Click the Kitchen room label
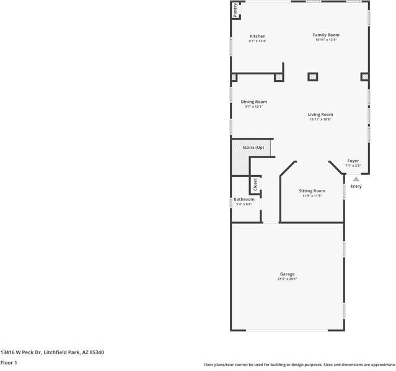pyautogui.click(x=257, y=36)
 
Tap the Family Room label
pyautogui.click(x=325, y=35)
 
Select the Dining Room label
pyautogui.click(x=253, y=102)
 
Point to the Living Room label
pyautogui.click(x=320, y=114)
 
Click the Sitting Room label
pyautogui.click(x=312, y=191)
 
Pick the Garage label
pyautogui.click(x=287, y=274)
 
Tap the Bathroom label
pyautogui.click(x=244, y=199)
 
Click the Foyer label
pyautogui.click(x=353, y=161)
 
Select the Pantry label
pyautogui.click(x=235, y=11)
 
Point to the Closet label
pyautogui.click(x=255, y=184)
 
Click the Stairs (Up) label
pyautogui.click(x=253, y=148)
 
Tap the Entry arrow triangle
pyautogui.click(x=356, y=179)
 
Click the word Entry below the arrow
pyautogui.click(x=356, y=186)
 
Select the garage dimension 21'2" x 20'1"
pyautogui.click(x=287, y=279)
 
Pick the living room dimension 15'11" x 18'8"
pyautogui.click(x=320, y=119)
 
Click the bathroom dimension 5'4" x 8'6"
pyautogui.click(x=244, y=204)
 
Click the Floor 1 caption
pyautogui.click(x=9, y=362)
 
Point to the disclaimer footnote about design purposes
pyautogui.click(x=299, y=364)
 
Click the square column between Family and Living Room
pyautogui.click(x=313, y=77)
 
